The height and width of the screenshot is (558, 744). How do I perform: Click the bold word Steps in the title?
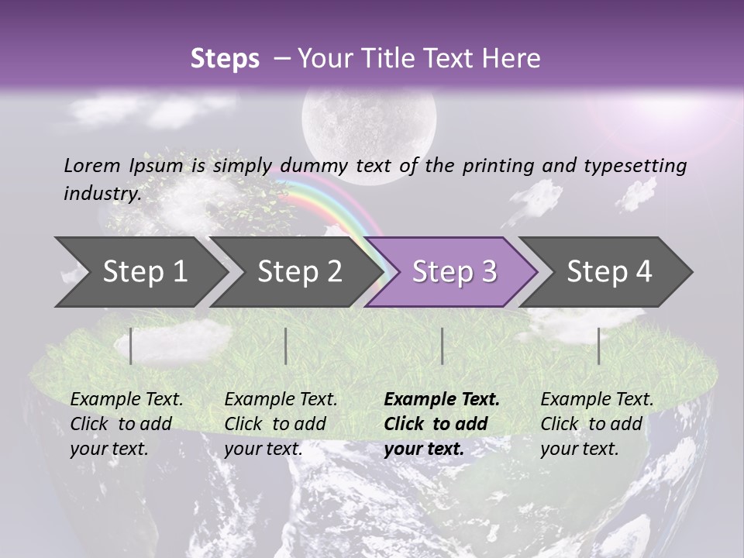[225, 59]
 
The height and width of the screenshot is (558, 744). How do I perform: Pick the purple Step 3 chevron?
[454, 271]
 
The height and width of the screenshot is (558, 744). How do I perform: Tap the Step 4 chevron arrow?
[609, 271]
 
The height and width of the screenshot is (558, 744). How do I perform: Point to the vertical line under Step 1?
[131, 346]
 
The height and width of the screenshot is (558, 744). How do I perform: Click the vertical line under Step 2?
[286, 346]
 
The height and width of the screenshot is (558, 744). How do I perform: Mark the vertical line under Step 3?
[442, 346]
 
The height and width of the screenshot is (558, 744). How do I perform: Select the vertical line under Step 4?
[598, 346]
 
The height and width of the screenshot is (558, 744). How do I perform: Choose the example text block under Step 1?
[126, 424]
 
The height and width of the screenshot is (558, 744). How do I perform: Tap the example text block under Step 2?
[281, 424]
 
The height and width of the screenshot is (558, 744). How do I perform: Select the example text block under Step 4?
[597, 424]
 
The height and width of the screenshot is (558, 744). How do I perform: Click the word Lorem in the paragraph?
[92, 165]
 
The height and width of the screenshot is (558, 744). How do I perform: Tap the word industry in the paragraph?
[101, 193]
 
